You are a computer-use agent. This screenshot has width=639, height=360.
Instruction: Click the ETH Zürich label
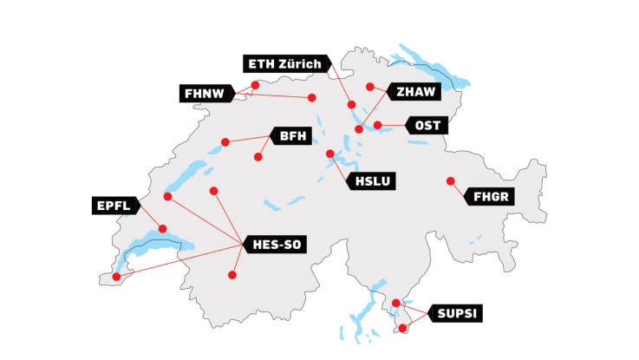pyautogui.click(x=285, y=64)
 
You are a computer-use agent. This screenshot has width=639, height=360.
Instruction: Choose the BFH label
pyautogui.click(x=288, y=135)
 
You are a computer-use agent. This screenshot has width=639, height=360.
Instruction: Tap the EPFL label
pyautogui.click(x=114, y=206)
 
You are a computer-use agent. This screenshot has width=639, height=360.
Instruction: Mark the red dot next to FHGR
pyautogui.click(x=450, y=180)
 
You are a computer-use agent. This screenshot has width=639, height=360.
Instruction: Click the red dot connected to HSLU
pyautogui.click(x=330, y=154)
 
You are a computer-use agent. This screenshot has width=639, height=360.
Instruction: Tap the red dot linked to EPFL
pyautogui.click(x=162, y=229)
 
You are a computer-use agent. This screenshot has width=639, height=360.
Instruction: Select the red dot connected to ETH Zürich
pyautogui.click(x=352, y=105)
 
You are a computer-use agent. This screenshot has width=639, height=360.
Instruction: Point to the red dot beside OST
pyautogui.click(x=378, y=125)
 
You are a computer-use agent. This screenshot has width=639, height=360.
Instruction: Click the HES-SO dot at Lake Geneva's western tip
pyautogui.click(x=117, y=277)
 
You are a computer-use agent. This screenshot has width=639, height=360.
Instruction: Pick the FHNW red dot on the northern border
pyautogui.click(x=255, y=85)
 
